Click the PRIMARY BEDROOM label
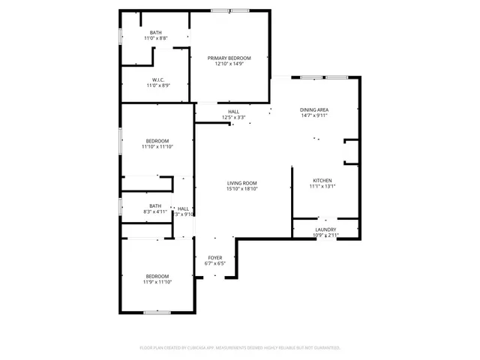point(229,58)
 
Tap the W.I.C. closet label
point(158,79)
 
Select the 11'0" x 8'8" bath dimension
point(156,38)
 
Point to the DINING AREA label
point(315,110)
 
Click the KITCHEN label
point(322,181)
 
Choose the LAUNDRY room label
point(325,229)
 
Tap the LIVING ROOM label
point(243,183)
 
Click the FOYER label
point(215,258)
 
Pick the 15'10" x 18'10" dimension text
point(243,189)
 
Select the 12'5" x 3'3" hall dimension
point(234,118)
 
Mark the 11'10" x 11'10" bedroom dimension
point(157,147)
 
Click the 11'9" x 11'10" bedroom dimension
point(157,282)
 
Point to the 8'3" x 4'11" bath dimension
point(155,212)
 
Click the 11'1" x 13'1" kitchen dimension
point(322,187)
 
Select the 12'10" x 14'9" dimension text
point(229,64)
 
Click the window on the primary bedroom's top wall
point(229,10)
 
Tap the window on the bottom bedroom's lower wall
point(157,312)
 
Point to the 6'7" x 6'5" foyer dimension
point(215,264)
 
